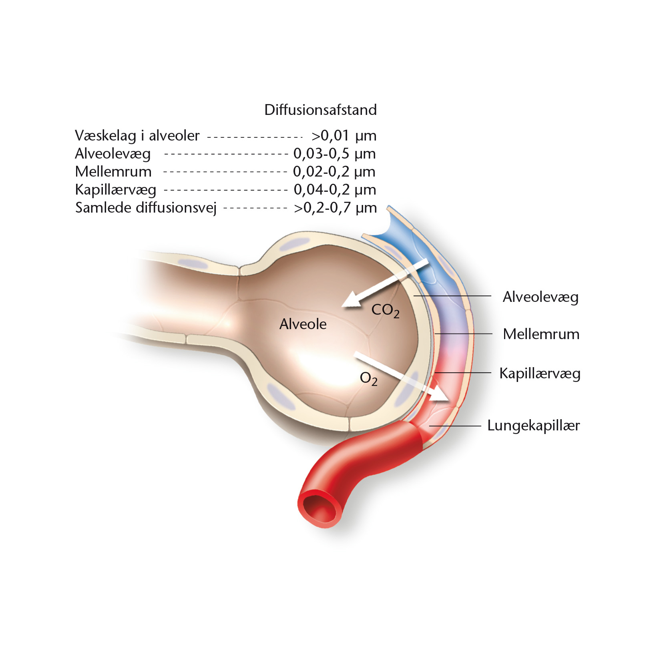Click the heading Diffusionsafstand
[x=320, y=110]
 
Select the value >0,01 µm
[x=344, y=136]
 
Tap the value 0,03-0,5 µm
[x=335, y=154]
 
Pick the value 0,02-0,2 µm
[x=334, y=172]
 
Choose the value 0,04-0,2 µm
[x=335, y=190]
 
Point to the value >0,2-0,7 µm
[x=336, y=208]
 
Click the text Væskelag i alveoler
[x=137, y=136]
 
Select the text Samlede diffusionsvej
[x=146, y=208]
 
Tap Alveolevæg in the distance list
[x=113, y=154]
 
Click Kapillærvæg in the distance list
[x=116, y=190]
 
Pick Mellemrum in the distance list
[x=113, y=172]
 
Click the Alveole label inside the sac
[x=303, y=324]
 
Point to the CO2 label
[x=385, y=311]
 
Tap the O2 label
[x=368, y=379]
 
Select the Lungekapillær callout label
[x=533, y=426]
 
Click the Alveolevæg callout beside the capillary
[x=540, y=297]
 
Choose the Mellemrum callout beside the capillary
[x=541, y=334]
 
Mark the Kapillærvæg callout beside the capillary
[x=540, y=374]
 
